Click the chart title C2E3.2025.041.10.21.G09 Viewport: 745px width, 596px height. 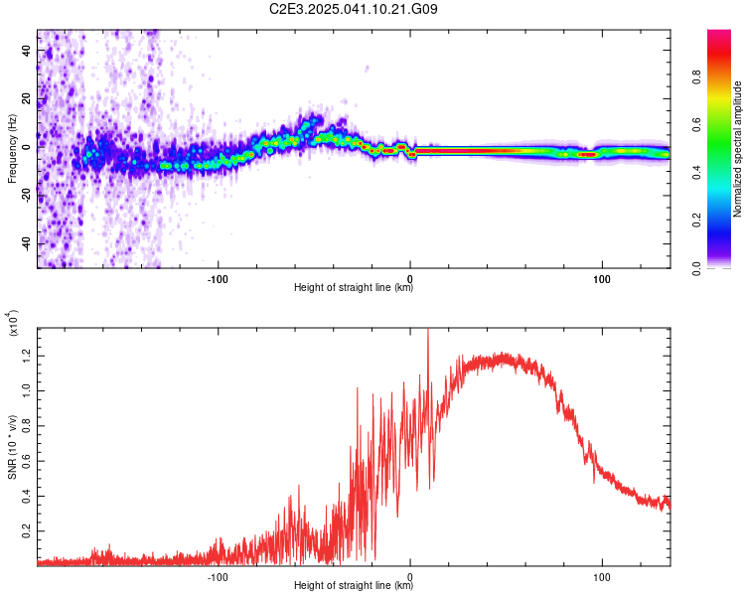(353, 9)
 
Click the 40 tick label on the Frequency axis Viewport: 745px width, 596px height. (27, 51)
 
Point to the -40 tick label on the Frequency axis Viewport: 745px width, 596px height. (27, 243)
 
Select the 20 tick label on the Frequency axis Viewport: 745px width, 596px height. (27, 99)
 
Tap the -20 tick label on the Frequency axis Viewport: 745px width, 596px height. (27, 196)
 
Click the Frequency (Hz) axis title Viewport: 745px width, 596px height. (12, 148)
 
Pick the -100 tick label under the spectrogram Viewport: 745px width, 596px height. (218, 279)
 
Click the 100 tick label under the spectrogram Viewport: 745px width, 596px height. (602, 279)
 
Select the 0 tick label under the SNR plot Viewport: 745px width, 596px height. (409, 577)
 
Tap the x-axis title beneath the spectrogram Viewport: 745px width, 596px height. (354, 287)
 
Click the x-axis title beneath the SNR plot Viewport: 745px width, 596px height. (354, 585)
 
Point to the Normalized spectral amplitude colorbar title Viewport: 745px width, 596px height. (737, 148)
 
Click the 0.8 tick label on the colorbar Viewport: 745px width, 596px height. (696, 76)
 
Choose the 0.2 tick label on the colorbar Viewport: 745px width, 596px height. (696, 221)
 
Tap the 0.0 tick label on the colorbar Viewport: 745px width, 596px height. (696, 268)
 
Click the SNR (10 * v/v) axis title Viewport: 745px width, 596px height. (12, 447)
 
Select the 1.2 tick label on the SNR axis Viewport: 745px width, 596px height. (27, 356)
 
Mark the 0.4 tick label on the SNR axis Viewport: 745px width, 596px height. (27, 497)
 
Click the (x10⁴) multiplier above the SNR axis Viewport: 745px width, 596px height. (12, 322)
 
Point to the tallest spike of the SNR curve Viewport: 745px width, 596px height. (428, 330)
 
